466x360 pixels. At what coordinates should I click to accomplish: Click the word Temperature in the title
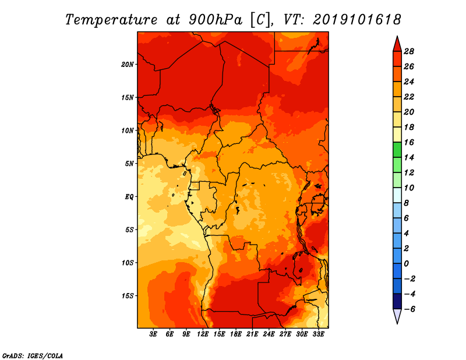point(111,20)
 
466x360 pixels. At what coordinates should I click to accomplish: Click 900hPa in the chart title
point(215,20)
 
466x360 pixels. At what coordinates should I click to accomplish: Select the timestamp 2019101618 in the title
point(356,20)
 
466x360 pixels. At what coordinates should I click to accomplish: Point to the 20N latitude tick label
point(128,65)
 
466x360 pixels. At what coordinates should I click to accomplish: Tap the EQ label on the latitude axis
point(129,197)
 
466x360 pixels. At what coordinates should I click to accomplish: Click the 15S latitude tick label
point(128,296)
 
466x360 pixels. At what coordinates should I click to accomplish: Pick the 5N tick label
point(129,164)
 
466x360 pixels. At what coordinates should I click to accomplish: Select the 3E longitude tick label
point(153,334)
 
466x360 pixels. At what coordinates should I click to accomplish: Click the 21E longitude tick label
point(252,334)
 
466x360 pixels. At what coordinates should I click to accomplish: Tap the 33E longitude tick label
point(318,334)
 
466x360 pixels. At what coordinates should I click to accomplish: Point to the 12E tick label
point(203,334)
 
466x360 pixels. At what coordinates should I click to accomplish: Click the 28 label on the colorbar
point(409,51)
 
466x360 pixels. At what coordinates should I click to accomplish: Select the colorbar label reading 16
point(409,142)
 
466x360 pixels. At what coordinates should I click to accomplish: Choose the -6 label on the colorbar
point(409,309)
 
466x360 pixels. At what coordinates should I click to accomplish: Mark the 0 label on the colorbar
point(406,264)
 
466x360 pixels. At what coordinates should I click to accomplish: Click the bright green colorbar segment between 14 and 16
point(397,150)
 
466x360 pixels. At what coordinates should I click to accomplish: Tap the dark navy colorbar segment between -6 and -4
point(397,301)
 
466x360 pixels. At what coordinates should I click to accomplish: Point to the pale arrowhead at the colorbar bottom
point(397,316)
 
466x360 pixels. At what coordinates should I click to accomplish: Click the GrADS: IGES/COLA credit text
point(33,356)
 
